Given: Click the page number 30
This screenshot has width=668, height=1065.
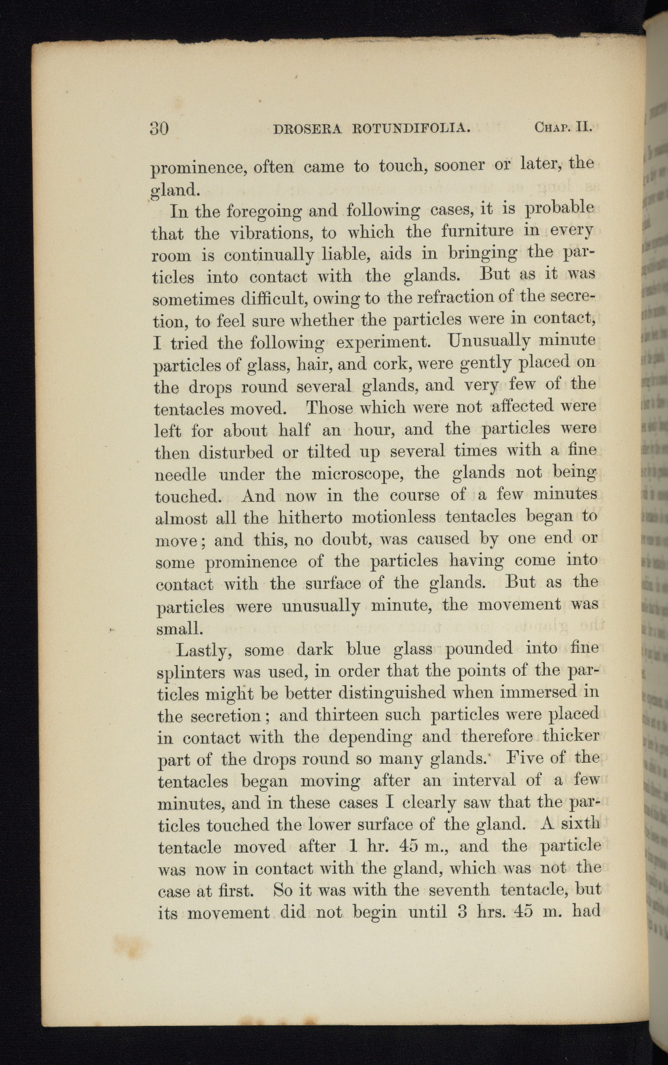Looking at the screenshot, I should coord(159,128).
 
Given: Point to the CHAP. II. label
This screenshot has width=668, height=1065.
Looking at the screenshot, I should coord(564,127).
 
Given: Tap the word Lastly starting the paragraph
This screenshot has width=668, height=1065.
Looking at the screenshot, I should coord(201,650).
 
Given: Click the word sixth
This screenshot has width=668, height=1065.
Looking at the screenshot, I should coord(580,823).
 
